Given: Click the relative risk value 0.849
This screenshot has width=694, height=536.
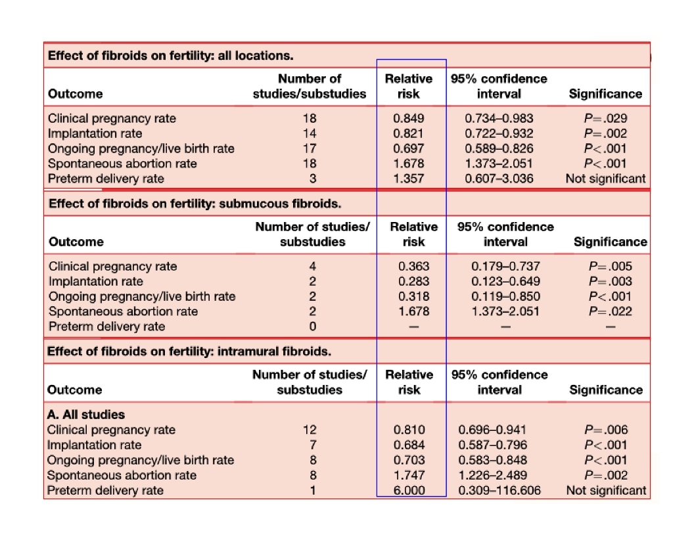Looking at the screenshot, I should (409, 119).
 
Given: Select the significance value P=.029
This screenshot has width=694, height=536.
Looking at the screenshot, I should (605, 119).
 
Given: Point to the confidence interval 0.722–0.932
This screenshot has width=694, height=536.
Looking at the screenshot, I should (499, 134).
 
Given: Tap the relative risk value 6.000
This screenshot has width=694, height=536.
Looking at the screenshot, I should (409, 491).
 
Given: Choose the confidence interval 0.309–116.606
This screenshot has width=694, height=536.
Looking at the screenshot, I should (499, 491).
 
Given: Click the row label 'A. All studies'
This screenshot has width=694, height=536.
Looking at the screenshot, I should (86, 414).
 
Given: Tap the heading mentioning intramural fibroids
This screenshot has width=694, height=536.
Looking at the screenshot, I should (189, 351).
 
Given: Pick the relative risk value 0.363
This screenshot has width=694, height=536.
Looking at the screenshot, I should (414, 267).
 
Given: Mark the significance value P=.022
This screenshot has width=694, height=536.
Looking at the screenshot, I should (611, 311).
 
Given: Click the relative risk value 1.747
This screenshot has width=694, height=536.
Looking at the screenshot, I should (409, 476).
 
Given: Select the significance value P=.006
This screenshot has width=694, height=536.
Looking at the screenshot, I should (606, 430).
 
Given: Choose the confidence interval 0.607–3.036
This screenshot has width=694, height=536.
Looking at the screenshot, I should (499, 179).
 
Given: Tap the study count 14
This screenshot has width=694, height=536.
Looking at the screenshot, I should (310, 134).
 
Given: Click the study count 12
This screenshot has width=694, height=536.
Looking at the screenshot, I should (310, 430).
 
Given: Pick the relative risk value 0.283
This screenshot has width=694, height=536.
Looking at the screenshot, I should (414, 282).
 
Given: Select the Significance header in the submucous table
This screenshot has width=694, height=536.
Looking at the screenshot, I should (611, 242).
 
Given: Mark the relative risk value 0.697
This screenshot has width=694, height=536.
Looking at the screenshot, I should (409, 149).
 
